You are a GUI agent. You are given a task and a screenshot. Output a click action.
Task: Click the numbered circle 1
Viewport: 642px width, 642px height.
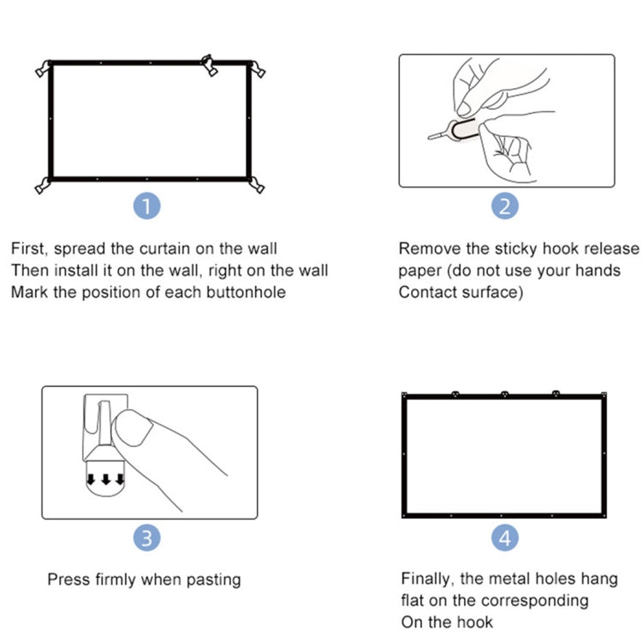148,207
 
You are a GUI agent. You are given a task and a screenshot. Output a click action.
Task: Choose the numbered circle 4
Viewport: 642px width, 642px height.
506,538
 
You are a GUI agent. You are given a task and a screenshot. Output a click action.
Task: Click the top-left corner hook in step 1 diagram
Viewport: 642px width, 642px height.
44,69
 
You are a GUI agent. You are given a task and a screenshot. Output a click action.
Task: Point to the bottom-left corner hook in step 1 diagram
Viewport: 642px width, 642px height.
41,185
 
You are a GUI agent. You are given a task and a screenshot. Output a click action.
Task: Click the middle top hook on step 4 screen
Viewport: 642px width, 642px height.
504,395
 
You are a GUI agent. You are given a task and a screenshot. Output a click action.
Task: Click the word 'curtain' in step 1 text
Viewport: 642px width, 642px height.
165,249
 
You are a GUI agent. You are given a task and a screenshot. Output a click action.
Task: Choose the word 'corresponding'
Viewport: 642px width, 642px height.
534,601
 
